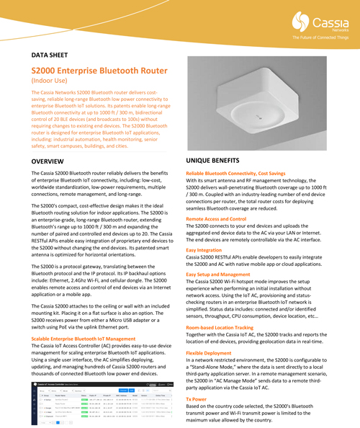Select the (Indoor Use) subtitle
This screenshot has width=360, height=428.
pos(53,84)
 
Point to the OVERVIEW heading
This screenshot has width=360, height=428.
pos(53,159)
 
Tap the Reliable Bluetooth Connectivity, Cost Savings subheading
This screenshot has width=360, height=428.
pos(240,174)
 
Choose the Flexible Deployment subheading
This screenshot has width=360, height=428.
pos(210,353)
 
